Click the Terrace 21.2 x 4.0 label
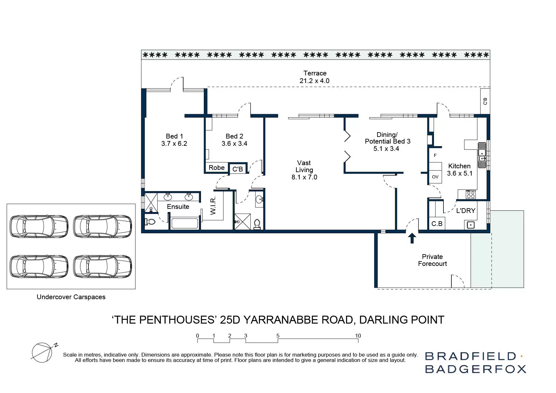click(x=314, y=77)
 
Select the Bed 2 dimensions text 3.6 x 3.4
click(x=234, y=144)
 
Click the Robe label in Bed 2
click(x=217, y=168)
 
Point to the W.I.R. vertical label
click(x=213, y=205)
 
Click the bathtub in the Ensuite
click(x=184, y=223)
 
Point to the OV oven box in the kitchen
click(x=435, y=177)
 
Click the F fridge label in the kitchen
click(x=435, y=155)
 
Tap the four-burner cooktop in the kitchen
click(x=470, y=194)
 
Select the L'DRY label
click(x=465, y=211)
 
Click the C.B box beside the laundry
click(x=436, y=224)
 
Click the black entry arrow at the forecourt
click(x=412, y=238)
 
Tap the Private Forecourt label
click(x=432, y=260)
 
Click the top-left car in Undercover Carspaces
click(x=39, y=226)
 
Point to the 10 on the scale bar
click(x=358, y=336)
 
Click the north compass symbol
click(x=42, y=352)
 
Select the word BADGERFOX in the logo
click(x=475, y=369)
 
